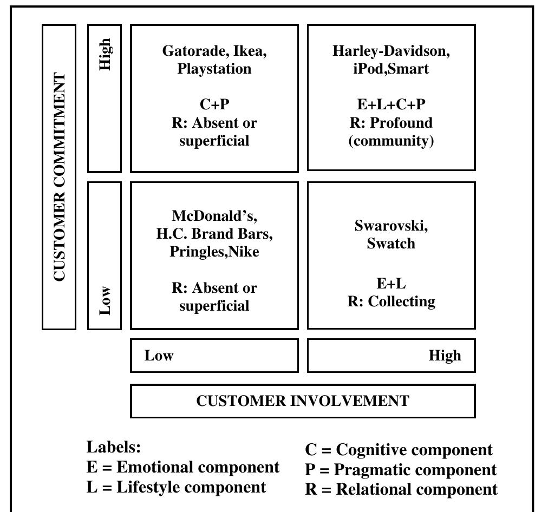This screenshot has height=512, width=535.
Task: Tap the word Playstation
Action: [x=214, y=69]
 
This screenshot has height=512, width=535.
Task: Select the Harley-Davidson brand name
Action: [x=391, y=51]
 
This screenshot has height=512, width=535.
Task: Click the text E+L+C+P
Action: [x=391, y=104]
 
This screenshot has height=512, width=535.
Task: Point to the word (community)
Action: [x=391, y=141]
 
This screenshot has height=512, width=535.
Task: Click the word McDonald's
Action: [x=214, y=216]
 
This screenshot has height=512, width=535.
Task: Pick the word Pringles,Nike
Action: [x=214, y=252]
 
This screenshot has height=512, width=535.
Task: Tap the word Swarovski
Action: [x=391, y=226]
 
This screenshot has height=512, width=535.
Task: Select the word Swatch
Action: [x=391, y=244]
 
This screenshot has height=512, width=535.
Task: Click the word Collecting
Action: [x=402, y=301]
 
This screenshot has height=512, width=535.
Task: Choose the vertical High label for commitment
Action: [x=105, y=55]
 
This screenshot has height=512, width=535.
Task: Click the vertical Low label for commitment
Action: [x=105, y=300]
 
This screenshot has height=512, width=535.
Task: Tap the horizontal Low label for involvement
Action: [x=159, y=356]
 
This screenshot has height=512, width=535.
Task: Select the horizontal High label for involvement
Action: [x=445, y=356]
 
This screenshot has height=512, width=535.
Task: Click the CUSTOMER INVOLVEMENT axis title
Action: [x=303, y=401]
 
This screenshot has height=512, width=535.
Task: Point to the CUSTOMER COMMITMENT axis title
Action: [x=59, y=177]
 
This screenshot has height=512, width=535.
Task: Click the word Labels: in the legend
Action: [x=114, y=447]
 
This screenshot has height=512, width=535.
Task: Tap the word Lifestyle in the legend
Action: [x=149, y=488]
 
